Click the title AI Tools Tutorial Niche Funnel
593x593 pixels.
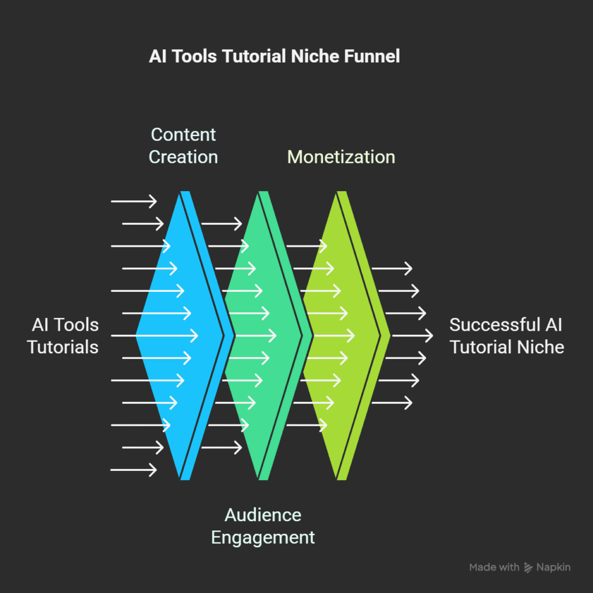tap(274, 57)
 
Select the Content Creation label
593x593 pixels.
tap(183, 145)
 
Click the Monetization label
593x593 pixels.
tap(341, 156)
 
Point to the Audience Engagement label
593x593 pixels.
tap(263, 526)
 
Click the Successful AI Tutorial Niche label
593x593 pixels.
tap(506, 336)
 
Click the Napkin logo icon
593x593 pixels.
tap(528, 568)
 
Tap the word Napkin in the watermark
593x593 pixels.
tap(553, 568)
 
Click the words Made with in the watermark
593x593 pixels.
tap(494, 568)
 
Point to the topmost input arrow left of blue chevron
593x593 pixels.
tap(133, 202)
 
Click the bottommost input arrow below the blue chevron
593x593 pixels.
tap(133, 470)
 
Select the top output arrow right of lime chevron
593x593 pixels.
tap(391, 268)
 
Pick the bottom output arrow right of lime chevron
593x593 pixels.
tap(391, 402)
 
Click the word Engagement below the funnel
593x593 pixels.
tap(263, 537)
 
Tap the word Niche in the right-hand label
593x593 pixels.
tap(541, 347)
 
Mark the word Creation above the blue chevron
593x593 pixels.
tap(183, 156)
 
